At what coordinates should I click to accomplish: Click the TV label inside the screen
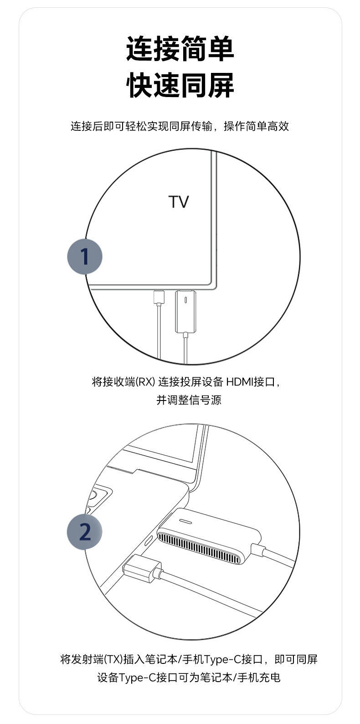(x=179, y=202)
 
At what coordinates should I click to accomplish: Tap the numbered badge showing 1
(x=85, y=257)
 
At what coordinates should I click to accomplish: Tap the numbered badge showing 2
(x=85, y=532)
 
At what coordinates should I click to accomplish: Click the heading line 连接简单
(x=180, y=50)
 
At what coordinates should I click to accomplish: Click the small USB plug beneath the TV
(x=159, y=297)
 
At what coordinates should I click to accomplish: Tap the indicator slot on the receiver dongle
(x=185, y=301)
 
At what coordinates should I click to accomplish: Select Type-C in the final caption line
(x=137, y=678)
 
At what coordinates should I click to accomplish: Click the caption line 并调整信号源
(x=189, y=400)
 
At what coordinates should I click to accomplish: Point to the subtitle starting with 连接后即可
(x=180, y=126)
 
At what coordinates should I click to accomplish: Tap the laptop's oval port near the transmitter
(x=149, y=541)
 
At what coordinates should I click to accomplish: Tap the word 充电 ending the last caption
(x=269, y=678)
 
